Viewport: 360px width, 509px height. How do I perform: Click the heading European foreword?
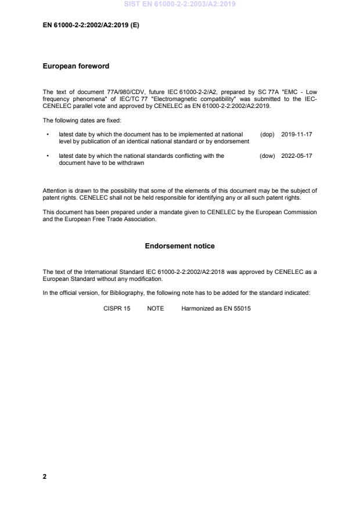pyautogui.click(x=76, y=66)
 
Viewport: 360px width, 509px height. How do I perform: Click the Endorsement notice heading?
pyautogui.click(x=179, y=246)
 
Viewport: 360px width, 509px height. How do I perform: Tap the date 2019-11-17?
pyautogui.click(x=297, y=134)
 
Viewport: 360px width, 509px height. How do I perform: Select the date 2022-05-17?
pyautogui.click(x=297, y=156)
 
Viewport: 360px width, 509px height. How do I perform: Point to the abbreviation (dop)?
pyautogui.click(x=267, y=134)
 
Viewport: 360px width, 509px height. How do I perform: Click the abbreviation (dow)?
pyautogui.click(x=267, y=156)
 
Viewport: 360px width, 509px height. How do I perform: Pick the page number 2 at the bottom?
pyautogui.click(x=45, y=476)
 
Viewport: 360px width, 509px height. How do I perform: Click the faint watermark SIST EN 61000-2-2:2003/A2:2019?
pyautogui.click(x=179, y=4)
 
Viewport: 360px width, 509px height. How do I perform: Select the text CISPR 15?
pyautogui.click(x=115, y=308)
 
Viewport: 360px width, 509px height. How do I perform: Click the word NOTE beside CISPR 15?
pyautogui.click(x=156, y=308)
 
